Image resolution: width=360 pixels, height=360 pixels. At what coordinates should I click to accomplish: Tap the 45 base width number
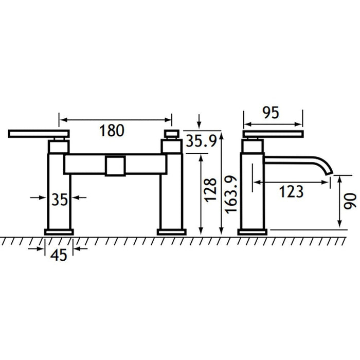(x=59, y=255)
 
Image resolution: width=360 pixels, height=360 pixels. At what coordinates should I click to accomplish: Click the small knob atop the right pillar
(x=172, y=135)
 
